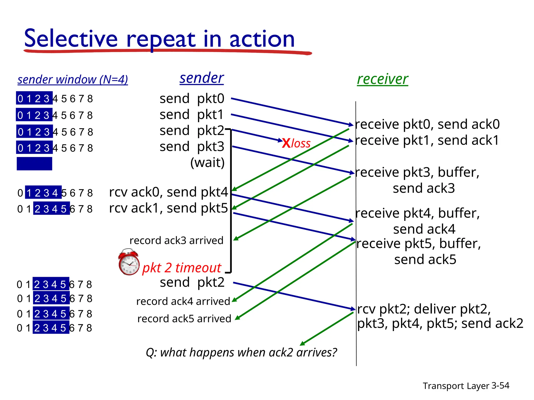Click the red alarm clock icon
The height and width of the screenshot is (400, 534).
tap(129, 262)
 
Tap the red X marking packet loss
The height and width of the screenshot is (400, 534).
tap(286, 143)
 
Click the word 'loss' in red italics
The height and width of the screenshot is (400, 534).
tap(301, 143)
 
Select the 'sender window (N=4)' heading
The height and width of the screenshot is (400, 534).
tap(72, 79)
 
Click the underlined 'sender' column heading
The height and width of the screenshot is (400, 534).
tap(202, 78)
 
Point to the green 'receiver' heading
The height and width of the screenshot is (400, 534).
tap(382, 79)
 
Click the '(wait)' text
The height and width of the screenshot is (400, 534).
tap(207, 162)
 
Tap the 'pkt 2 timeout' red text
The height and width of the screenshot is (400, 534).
tap(182, 268)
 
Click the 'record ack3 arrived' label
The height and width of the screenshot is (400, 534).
tap(177, 240)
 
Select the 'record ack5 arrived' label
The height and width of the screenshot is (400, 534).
tap(184, 318)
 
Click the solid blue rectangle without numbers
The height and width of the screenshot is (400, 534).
tap(34, 164)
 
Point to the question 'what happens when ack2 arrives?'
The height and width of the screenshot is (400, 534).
tap(241, 352)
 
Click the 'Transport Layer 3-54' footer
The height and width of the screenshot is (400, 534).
tap(466, 386)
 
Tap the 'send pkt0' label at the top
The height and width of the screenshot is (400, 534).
tap(192, 99)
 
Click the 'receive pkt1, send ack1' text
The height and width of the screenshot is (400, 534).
tap(427, 140)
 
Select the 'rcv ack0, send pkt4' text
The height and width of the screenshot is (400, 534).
tap(168, 192)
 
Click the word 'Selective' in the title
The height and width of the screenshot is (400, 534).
tap(71, 39)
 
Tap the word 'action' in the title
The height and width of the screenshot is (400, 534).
tap(262, 39)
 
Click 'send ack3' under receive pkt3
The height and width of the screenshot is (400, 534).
tap(424, 188)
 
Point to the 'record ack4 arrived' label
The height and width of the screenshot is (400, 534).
tap(183, 301)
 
